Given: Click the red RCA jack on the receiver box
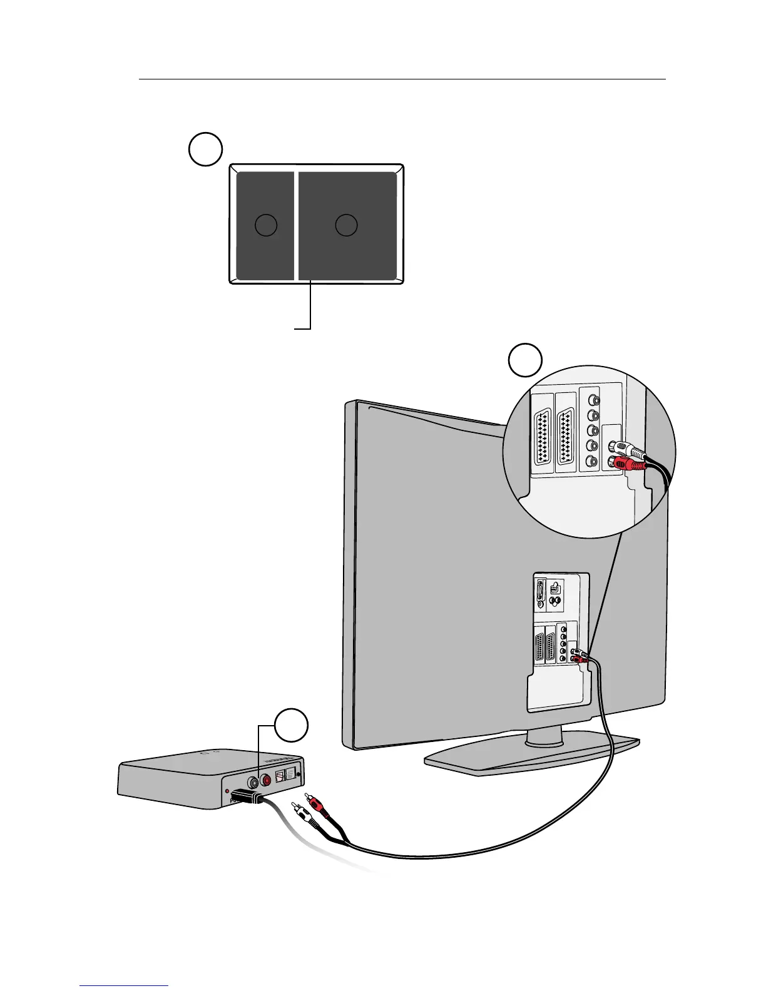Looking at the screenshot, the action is pyautogui.click(x=268, y=781).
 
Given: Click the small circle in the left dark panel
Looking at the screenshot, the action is pyautogui.click(x=266, y=225).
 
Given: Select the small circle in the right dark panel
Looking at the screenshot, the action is pyautogui.click(x=346, y=225).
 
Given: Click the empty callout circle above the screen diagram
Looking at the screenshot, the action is pyautogui.click(x=205, y=150).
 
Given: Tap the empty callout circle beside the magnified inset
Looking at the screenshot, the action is pyautogui.click(x=524, y=360).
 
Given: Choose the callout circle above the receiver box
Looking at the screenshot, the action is pyautogui.click(x=292, y=725).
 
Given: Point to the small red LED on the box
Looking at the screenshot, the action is pyautogui.click(x=227, y=791).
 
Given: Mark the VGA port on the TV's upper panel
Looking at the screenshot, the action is pyautogui.click(x=541, y=594).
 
